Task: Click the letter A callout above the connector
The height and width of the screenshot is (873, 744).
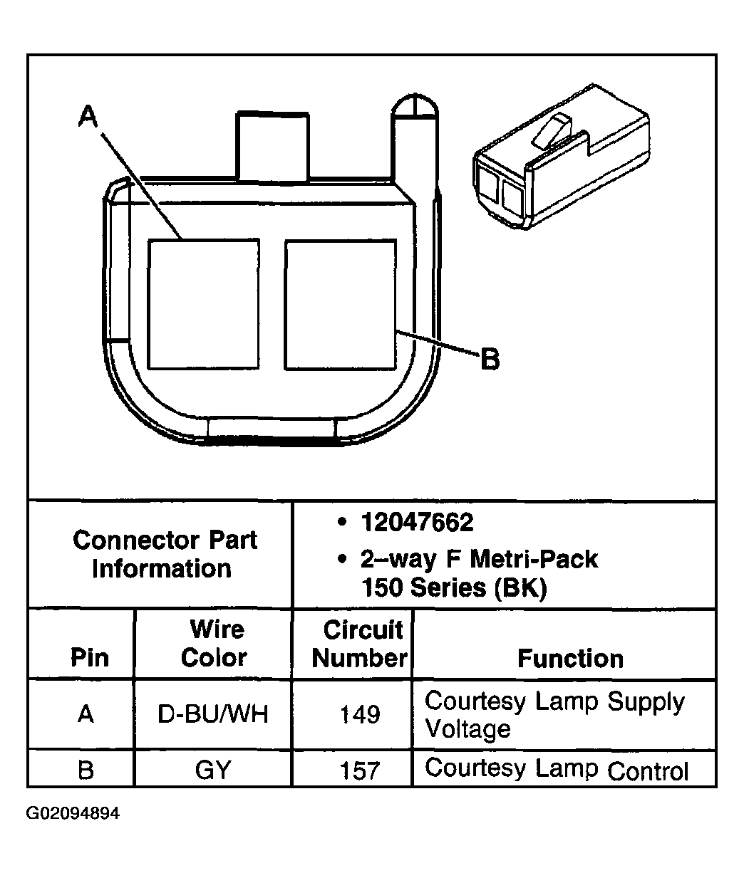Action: (87, 116)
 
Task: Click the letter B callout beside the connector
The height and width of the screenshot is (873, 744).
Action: (490, 360)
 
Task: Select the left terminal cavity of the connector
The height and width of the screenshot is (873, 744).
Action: (203, 304)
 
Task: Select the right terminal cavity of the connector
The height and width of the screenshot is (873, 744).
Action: (340, 304)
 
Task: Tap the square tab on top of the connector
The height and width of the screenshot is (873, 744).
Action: (273, 145)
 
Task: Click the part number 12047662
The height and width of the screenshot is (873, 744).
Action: (417, 523)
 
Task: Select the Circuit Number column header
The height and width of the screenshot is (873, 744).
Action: (360, 644)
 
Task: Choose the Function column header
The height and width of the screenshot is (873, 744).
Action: (570, 658)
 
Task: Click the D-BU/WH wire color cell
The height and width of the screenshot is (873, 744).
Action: (213, 714)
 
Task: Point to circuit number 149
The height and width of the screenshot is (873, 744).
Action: (360, 714)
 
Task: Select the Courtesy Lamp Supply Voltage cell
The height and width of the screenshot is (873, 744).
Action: (554, 715)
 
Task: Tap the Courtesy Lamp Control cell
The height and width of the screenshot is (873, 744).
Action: (557, 770)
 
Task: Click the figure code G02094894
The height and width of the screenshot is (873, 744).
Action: (73, 813)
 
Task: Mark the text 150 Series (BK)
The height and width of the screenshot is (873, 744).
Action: (453, 589)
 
